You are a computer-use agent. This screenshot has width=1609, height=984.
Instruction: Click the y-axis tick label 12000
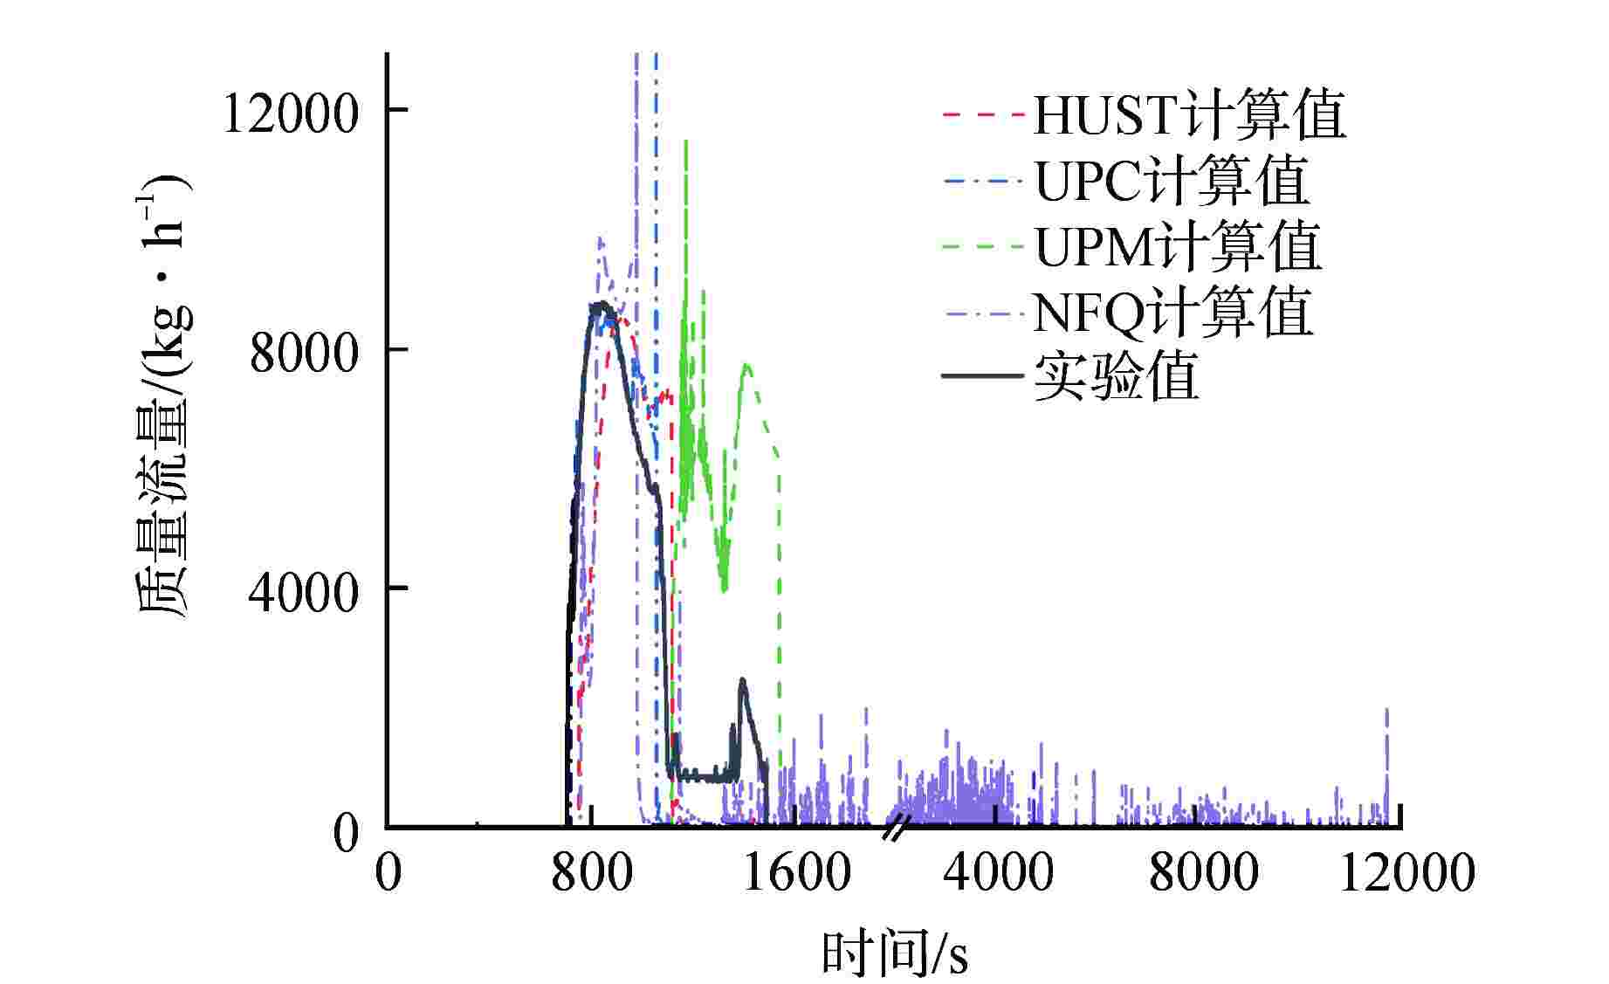coord(291,114)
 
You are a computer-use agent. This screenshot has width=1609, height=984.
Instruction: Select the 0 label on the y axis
coord(346,832)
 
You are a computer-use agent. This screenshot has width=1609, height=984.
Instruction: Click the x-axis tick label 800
coord(592,872)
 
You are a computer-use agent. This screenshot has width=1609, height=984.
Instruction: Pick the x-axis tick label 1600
coord(796,872)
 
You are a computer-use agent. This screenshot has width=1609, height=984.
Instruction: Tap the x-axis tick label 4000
coord(999,872)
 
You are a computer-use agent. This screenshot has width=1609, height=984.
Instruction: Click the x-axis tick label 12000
coord(1406,872)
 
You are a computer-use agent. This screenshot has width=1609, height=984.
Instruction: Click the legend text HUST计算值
coord(1189,114)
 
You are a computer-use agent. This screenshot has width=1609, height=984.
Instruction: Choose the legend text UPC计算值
coord(1172,181)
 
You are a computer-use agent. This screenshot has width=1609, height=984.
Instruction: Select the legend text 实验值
coord(1116,377)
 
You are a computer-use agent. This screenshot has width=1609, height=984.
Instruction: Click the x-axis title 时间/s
coord(894,953)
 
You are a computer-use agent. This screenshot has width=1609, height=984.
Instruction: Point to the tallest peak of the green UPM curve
coord(686,141)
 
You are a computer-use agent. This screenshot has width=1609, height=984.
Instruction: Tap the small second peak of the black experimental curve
coord(742,679)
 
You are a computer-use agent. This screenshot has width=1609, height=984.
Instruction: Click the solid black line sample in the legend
coord(982,376)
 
